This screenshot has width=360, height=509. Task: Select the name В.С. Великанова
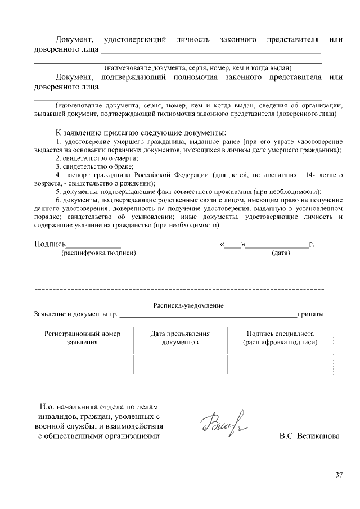click(x=309, y=436)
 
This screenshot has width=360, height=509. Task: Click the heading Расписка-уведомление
click(x=188, y=305)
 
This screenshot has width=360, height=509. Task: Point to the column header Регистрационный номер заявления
click(x=83, y=337)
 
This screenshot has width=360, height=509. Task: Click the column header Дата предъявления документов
click(x=180, y=337)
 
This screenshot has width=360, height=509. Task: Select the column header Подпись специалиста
click(x=280, y=337)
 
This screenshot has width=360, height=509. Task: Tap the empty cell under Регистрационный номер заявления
click(x=83, y=364)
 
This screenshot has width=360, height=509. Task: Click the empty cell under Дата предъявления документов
click(x=180, y=364)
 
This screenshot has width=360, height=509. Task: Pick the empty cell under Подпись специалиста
click(x=280, y=364)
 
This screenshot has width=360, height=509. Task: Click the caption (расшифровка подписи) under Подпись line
click(x=98, y=253)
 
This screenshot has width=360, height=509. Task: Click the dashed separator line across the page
click(x=180, y=289)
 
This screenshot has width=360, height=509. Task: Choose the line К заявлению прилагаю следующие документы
click(x=141, y=132)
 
